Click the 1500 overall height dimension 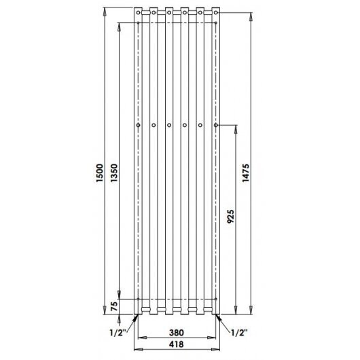pos(100,173)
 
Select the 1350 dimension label pos(114,173)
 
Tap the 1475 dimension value pos(246,173)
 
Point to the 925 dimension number pos(230,216)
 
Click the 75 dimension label pos(114,306)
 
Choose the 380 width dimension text pos(177,332)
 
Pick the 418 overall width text pos(177,344)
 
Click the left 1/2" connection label pos(118,332)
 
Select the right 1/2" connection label pos(239,332)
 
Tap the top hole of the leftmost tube pos(138,12)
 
